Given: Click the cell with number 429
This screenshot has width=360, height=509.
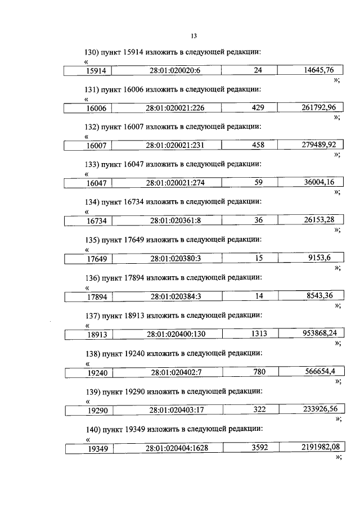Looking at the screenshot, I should [258, 107].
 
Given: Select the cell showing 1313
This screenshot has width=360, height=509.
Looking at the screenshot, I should [258, 334].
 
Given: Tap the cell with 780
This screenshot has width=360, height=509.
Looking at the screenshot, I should [258, 371].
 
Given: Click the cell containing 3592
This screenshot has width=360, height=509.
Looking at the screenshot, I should [258, 448].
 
